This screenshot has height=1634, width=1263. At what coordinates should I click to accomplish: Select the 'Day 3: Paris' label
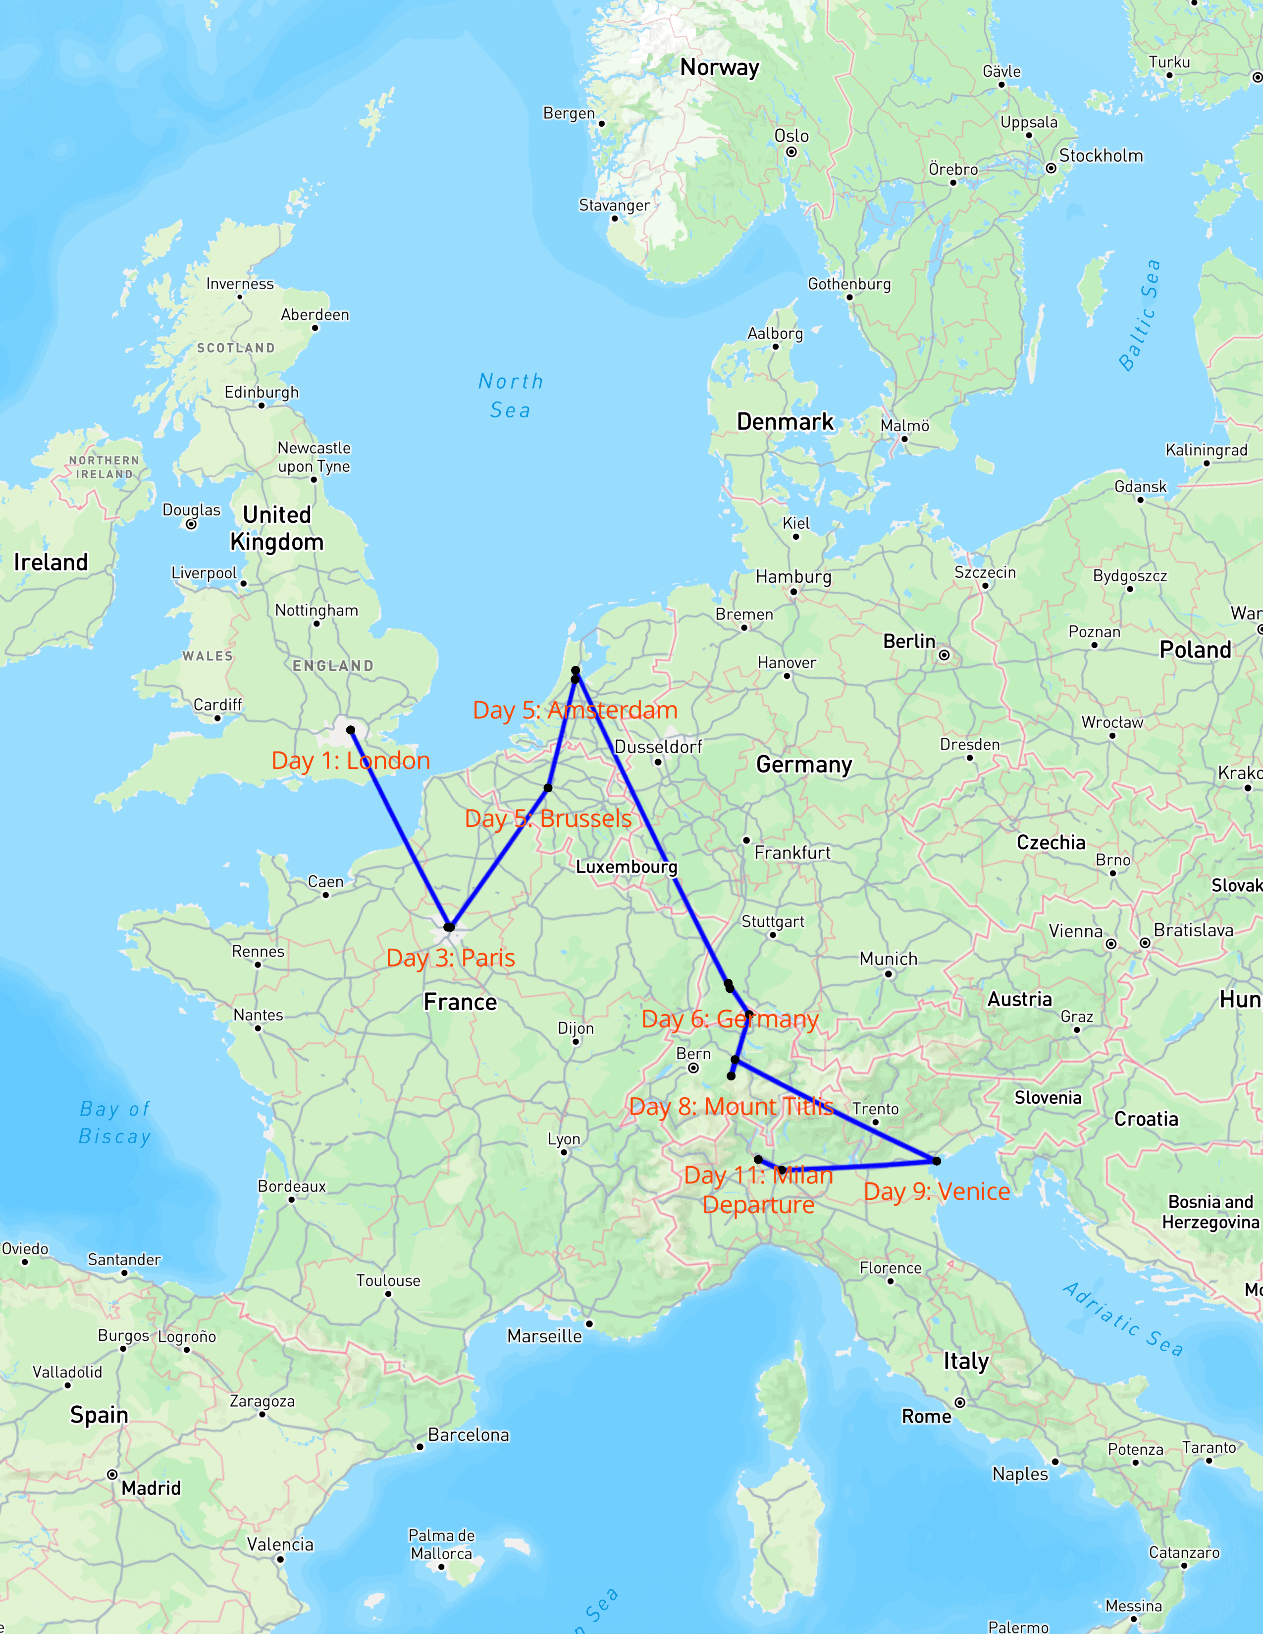tap(450, 958)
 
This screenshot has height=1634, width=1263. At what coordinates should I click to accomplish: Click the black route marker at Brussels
tap(548, 788)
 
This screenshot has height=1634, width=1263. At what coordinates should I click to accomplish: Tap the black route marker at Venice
tap(936, 1161)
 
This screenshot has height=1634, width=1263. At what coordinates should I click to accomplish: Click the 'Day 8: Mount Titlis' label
tap(731, 1107)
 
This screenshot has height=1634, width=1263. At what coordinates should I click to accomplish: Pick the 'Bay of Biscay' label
tap(115, 1122)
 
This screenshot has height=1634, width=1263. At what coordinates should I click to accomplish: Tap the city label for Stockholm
tap(1101, 155)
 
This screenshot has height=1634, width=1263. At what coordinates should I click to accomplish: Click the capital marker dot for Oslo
tap(791, 152)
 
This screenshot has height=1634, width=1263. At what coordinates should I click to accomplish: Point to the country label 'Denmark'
tap(785, 422)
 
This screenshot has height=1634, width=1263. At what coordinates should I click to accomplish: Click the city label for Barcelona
tap(469, 1434)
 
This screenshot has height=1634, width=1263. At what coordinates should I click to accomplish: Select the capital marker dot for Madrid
tap(112, 1475)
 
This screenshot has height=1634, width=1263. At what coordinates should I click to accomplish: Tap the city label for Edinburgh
tap(261, 392)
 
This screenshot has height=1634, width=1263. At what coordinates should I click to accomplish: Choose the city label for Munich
tap(888, 959)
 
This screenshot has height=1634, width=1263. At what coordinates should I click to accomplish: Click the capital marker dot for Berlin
tap(944, 656)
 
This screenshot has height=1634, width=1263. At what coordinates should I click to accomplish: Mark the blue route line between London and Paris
tap(400, 829)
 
